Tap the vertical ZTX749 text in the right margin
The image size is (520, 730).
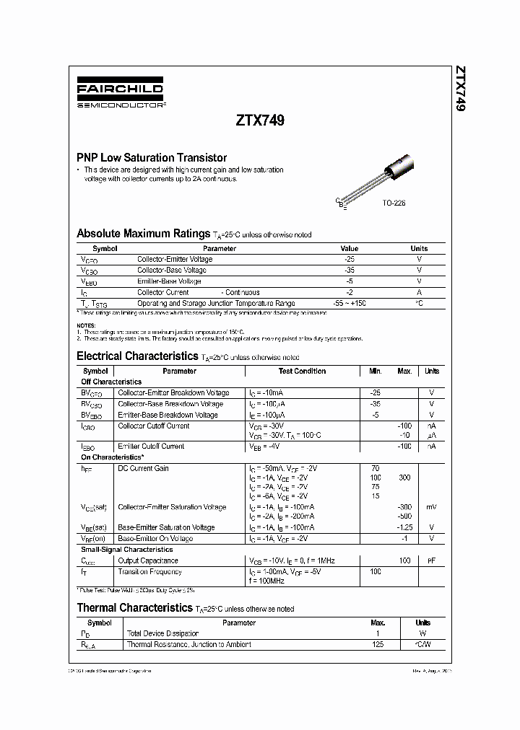460,89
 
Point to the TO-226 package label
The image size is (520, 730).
394,203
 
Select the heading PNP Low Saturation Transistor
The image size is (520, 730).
152,157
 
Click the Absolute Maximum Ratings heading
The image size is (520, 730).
143,234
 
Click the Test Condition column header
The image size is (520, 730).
302,371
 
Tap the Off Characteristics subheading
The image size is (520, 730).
111,382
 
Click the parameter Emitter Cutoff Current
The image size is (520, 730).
151,447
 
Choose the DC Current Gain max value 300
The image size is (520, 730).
404,478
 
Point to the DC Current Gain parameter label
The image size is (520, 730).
143,468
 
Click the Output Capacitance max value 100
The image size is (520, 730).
404,560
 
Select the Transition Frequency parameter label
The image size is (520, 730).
150,571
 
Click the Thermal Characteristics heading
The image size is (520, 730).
134,608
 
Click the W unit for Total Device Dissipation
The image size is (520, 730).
422,633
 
